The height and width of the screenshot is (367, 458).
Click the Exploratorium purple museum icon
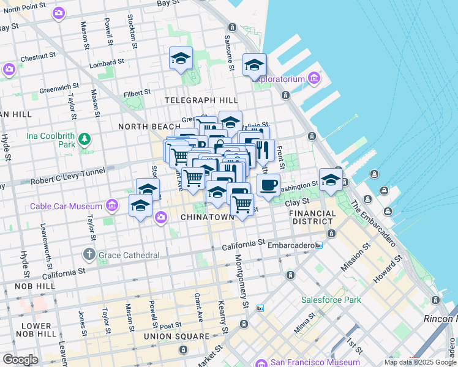point(315,78)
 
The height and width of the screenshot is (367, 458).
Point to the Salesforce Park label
point(331,300)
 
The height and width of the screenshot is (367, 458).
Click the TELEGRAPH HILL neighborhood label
point(201,100)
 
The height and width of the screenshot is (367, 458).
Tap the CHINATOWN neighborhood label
point(207,217)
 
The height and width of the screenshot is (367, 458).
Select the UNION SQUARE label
point(176,336)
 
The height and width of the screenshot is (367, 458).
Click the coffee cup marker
point(268,185)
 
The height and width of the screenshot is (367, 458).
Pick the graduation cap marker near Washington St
point(331,179)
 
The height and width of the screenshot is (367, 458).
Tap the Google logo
point(20,360)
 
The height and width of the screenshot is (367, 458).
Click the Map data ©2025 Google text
point(420,362)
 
